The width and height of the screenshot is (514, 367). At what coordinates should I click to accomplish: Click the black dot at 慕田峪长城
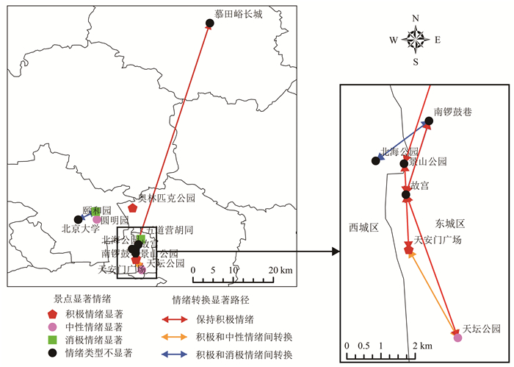(209, 24)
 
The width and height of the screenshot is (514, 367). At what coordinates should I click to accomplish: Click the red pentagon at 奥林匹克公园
(133, 208)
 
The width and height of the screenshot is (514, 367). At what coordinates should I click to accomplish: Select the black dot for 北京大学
(78, 219)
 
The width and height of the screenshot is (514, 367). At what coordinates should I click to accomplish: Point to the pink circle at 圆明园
(97, 219)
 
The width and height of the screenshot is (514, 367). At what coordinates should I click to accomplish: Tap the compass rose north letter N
(416, 18)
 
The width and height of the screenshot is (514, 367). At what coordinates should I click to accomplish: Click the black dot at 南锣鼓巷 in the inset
(428, 121)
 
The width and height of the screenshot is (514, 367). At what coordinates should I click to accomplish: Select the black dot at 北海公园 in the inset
(375, 161)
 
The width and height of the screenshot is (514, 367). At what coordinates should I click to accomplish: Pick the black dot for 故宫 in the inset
(406, 194)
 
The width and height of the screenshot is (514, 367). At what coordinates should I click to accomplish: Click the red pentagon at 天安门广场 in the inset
(409, 250)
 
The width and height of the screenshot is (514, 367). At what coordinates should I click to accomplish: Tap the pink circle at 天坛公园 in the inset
(458, 338)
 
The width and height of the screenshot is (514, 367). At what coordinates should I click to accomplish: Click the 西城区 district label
(363, 227)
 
